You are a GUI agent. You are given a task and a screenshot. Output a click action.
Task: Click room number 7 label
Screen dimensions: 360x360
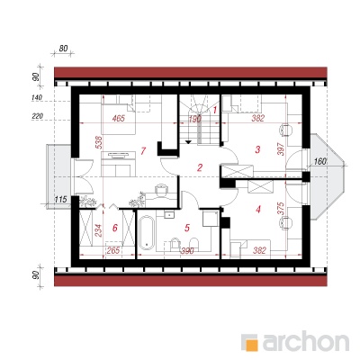click(x=143, y=150)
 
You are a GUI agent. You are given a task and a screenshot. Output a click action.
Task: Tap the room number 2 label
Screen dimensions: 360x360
click(x=200, y=167)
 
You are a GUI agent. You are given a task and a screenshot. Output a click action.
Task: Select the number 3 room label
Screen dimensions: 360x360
click(x=257, y=149)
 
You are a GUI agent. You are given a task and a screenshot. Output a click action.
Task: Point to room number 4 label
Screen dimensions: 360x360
click(x=258, y=209)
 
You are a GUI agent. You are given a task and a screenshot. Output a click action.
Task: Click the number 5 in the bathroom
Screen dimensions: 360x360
click(x=187, y=228)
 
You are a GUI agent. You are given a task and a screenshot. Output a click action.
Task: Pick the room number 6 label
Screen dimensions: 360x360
click(x=114, y=228)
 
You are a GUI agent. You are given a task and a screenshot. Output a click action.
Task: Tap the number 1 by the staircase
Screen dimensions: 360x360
click(x=215, y=110)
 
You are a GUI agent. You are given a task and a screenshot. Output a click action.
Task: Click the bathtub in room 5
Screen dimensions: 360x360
click(x=147, y=233)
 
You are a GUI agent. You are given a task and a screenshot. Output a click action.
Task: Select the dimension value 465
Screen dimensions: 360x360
click(x=118, y=119)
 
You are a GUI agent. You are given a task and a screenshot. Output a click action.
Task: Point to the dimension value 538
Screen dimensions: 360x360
click(x=100, y=143)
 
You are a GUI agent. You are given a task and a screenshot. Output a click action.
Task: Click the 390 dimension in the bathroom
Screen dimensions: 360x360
click(x=187, y=250)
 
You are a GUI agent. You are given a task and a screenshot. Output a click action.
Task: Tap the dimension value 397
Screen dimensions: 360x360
click(x=281, y=148)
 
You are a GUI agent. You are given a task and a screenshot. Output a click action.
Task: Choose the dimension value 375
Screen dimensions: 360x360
click(x=281, y=209)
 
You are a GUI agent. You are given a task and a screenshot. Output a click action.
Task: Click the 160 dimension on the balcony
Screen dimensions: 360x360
click(x=319, y=162)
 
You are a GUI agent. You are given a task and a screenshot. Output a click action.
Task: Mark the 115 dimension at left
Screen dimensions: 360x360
click(x=60, y=199)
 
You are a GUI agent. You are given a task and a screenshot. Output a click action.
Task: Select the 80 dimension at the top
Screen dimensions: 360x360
click(x=63, y=49)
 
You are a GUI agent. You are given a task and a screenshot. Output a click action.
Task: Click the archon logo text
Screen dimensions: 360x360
click(x=306, y=340)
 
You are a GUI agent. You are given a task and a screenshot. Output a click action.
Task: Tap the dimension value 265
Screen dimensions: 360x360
click(x=113, y=250)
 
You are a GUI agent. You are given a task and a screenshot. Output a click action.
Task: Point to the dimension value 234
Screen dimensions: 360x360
click(x=98, y=230)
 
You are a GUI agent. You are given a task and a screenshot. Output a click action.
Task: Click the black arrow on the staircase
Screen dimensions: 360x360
click(x=188, y=141)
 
